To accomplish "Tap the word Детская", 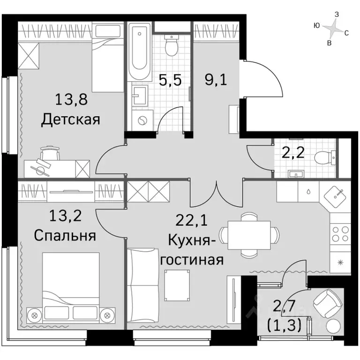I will click(x=71, y=120).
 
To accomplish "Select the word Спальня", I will click(x=65, y=235).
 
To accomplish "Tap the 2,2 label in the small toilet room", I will click(x=292, y=153).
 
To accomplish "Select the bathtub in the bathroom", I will click(x=139, y=52).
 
